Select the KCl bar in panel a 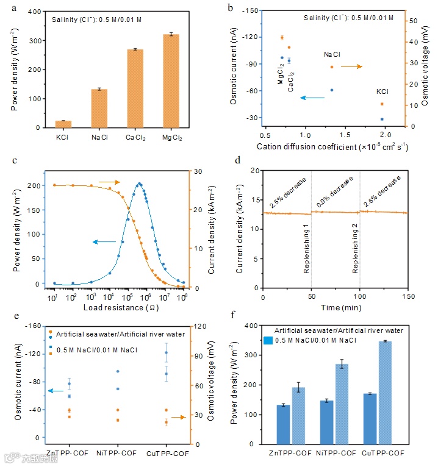pyautogui.click(x=63, y=124)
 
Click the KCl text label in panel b pyautogui.click(x=382, y=91)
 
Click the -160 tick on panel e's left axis pyautogui.click(x=33, y=326)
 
